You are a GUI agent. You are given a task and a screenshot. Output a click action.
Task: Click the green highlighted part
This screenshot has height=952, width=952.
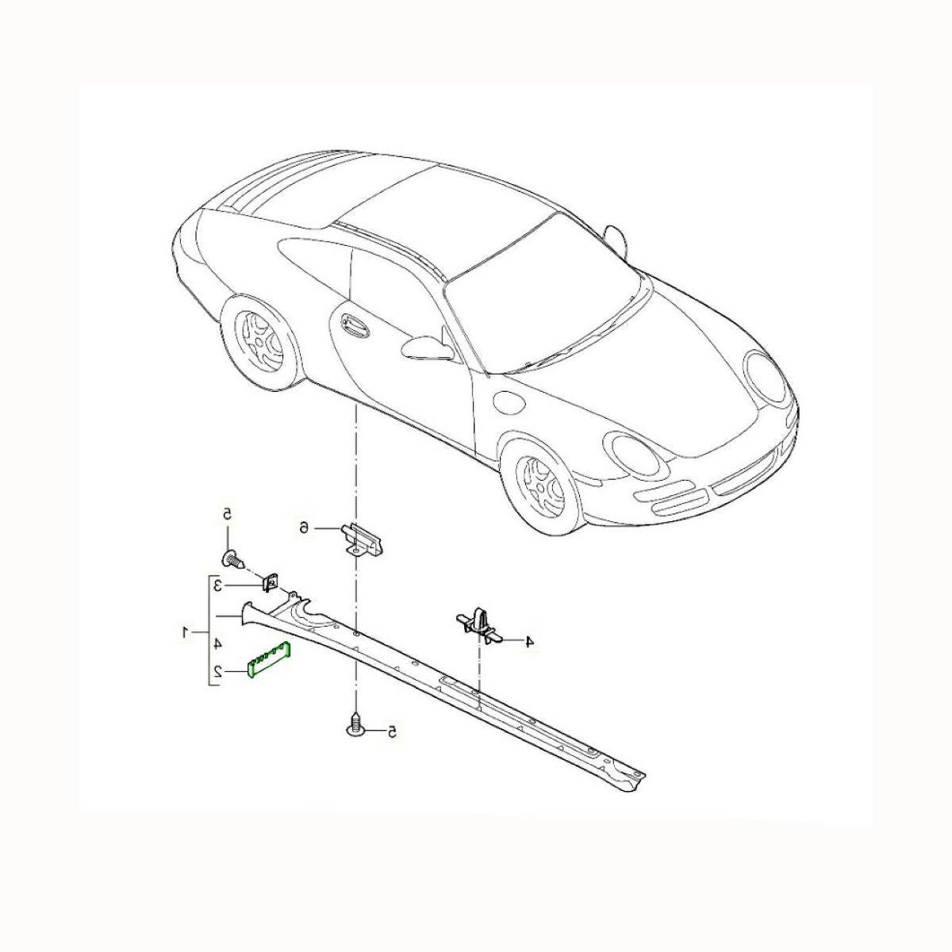tap(269, 660)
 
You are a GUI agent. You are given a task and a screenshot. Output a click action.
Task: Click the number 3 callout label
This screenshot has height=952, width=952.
tap(217, 586)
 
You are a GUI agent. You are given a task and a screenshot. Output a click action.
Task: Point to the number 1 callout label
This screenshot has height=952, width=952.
tap(186, 631)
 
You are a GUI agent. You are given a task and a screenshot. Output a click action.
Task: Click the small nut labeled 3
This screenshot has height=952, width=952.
tap(269, 583)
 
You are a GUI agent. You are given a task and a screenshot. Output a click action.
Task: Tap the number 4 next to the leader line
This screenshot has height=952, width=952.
tap(529, 642)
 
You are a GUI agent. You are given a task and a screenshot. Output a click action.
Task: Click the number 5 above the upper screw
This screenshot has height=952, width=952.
tap(226, 513)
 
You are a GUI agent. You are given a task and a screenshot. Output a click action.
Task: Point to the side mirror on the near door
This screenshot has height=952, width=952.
tap(428, 347)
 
